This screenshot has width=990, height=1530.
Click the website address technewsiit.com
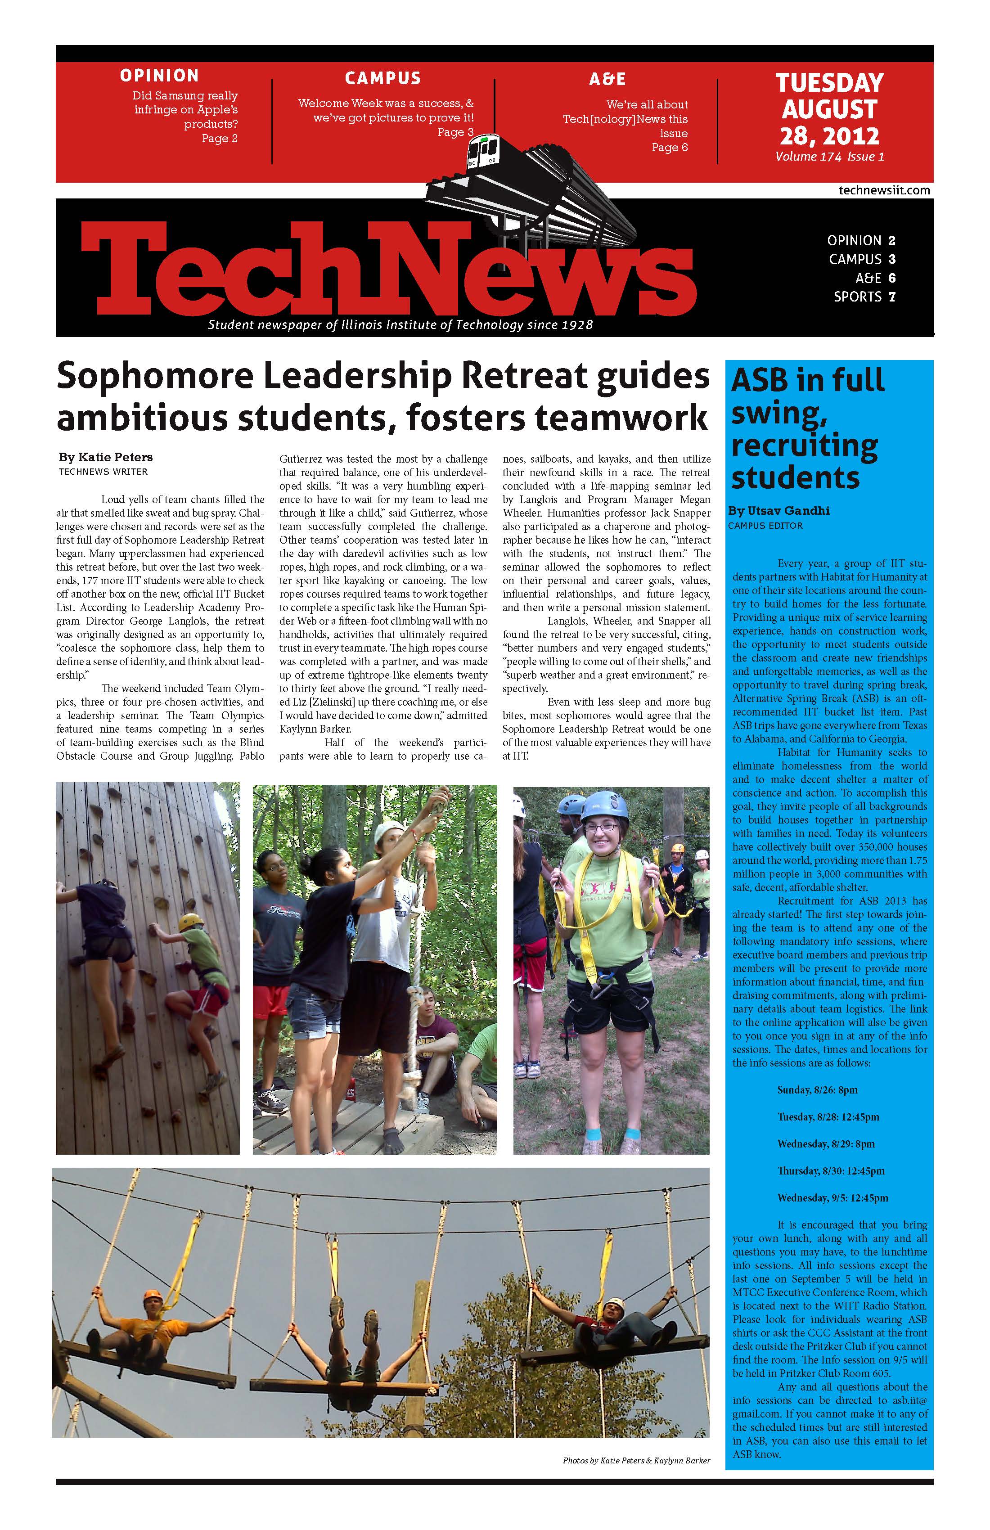(884, 190)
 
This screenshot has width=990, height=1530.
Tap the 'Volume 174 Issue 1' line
(829, 157)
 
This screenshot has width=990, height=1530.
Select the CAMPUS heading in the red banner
(382, 78)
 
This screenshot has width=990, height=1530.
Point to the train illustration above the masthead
(527, 186)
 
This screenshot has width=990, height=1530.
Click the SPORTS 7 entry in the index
(864, 297)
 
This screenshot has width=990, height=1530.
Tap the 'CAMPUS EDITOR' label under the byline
(765, 526)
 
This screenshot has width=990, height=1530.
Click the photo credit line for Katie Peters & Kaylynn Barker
(636, 1461)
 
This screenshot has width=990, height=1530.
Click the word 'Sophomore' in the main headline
(154, 377)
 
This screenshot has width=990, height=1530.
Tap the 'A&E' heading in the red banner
(607, 79)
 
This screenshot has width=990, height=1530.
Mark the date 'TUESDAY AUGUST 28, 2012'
(829, 109)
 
